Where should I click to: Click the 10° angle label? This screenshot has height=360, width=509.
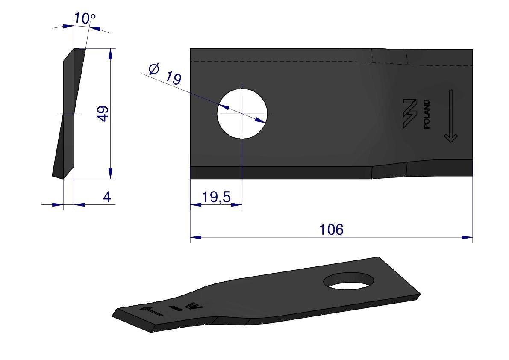click(x=85, y=18)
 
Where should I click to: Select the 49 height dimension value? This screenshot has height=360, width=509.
click(x=103, y=114)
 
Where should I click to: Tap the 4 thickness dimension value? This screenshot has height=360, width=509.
click(x=107, y=197)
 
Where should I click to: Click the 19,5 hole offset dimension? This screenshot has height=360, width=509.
click(x=216, y=197)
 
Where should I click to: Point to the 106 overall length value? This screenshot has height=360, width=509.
click(x=331, y=230)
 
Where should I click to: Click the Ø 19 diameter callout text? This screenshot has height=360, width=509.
click(x=165, y=74)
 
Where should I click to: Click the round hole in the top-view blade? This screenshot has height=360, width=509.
click(x=242, y=114)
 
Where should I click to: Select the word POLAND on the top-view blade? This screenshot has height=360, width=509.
click(x=427, y=114)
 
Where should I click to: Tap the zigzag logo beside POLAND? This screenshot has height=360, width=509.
click(x=410, y=114)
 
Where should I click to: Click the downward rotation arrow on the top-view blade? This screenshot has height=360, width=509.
click(x=450, y=116)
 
